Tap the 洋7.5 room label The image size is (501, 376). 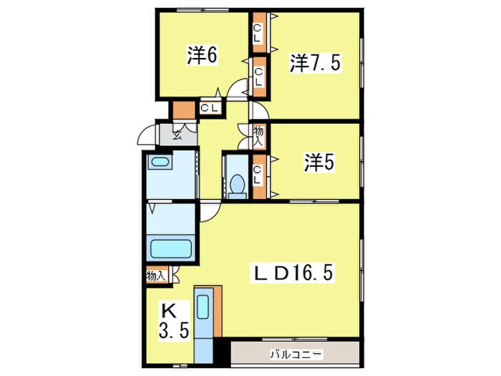316,63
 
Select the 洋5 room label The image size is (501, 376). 318,163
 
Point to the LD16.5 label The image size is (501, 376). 293,273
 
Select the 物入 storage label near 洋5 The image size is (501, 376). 258,136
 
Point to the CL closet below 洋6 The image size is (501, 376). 210,109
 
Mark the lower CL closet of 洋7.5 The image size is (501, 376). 258,74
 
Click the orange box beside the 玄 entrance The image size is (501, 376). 183,110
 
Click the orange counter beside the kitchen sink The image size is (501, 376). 218,313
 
